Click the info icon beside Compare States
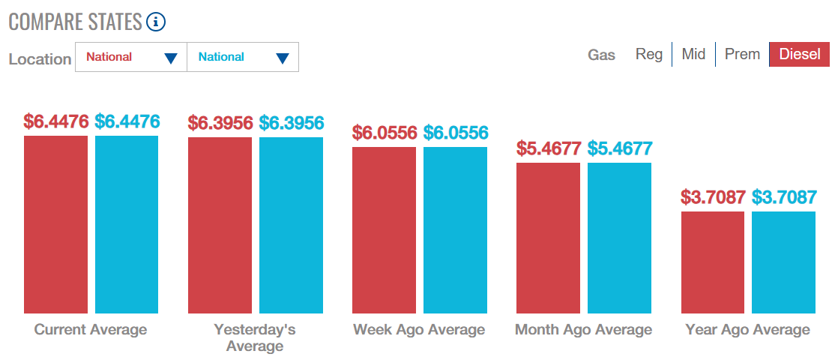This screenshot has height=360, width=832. pos(156,22)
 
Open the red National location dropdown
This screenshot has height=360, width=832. pos(131,57)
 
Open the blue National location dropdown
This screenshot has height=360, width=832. pos(243,57)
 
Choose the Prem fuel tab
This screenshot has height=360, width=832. pos(742,54)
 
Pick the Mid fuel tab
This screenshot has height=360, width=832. pos(693,54)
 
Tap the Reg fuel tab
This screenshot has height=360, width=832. pos(649,54)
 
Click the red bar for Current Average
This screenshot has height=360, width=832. pos(55,224)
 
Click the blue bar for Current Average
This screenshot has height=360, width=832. pos(127,224)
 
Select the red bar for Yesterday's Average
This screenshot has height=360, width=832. pos(220,226)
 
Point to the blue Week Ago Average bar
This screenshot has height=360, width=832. pos(455,230)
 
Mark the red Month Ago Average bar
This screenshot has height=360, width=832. pos(548,238)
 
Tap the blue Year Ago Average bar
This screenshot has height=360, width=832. pos(784,262)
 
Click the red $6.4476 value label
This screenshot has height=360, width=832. pos(55,121)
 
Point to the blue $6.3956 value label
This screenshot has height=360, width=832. pos(292,123)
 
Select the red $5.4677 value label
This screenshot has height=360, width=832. pos(549,148)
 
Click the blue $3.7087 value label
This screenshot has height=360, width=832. pos(784,197)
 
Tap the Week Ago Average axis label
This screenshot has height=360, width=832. pos(419,330)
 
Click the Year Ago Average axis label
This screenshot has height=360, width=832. pos(747,330)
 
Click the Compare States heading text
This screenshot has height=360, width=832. pos(76,22)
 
